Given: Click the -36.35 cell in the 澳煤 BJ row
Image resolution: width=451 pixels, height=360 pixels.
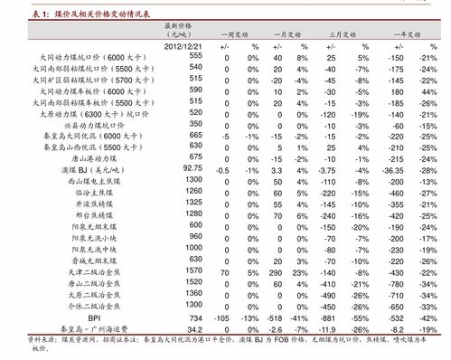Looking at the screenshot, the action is [x=390, y=169].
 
